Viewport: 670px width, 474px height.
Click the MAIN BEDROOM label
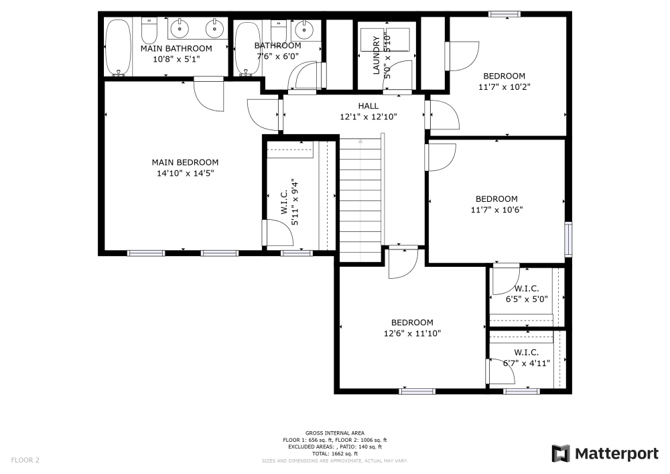[x=185, y=162]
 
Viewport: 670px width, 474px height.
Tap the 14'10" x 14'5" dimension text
[x=185, y=173]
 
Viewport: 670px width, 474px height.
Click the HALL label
[x=368, y=106]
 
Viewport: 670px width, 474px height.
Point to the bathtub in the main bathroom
[x=119, y=47]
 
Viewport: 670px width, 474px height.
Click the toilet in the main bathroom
[x=149, y=29]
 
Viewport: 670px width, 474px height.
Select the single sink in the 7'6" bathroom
[x=304, y=29]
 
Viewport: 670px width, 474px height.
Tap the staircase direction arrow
[x=360, y=142]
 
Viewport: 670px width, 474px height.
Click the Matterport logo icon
[x=561, y=454]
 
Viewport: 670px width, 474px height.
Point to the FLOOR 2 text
[x=25, y=461]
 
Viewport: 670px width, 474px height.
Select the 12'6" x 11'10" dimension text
[x=412, y=333]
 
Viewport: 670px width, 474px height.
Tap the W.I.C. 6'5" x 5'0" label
[x=526, y=294]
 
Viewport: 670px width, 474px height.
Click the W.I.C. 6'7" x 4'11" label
[x=527, y=358]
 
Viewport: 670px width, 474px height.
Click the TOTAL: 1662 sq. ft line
[x=334, y=454]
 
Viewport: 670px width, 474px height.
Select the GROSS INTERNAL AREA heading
[x=334, y=433]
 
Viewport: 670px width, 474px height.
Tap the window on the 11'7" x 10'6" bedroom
[x=568, y=239]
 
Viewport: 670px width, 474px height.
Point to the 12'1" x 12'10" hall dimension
[x=368, y=117]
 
